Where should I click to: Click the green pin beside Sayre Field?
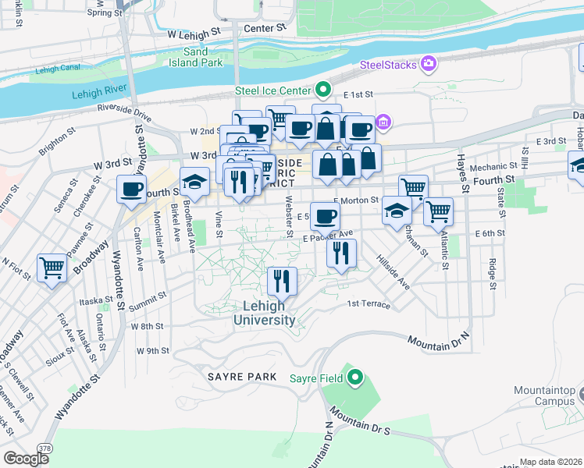coord(356,379)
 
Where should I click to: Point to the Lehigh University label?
coord(269,313)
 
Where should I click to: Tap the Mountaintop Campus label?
coord(544,395)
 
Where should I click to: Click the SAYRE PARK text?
coord(242,377)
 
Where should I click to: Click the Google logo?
coord(26,459)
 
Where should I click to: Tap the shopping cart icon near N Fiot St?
coord(52,268)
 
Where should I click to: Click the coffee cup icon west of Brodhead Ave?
coord(131,188)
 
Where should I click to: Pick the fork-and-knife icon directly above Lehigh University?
coord(282,279)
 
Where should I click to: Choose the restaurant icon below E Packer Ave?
coord(341,252)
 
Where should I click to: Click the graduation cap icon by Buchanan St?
coord(397,211)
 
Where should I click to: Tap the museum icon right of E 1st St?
coord(383,122)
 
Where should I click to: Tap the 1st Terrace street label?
coord(369,304)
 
